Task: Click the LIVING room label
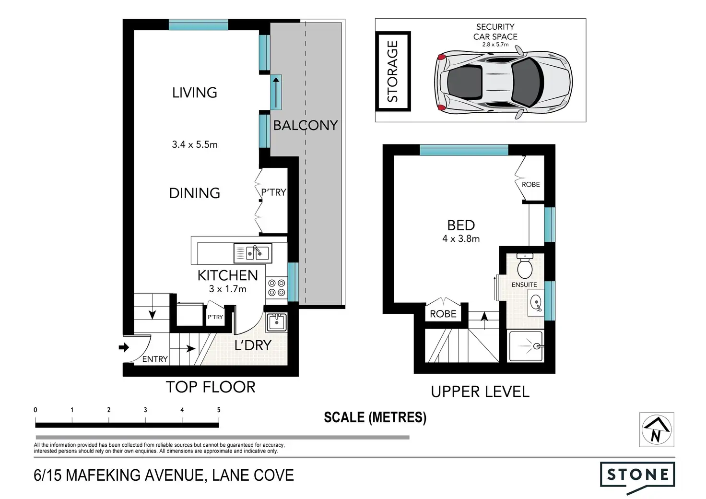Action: click(x=194, y=93)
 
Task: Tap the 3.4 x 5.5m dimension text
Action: click(x=195, y=144)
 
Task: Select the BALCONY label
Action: click(x=306, y=125)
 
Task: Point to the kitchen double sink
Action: click(x=253, y=253)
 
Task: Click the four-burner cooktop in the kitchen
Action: click(x=276, y=288)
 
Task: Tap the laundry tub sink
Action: click(x=276, y=322)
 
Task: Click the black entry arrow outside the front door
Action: click(x=124, y=347)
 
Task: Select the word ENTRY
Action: click(x=155, y=359)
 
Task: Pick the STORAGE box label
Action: click(x=392, y=71)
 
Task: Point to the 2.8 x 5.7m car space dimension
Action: click(x=495, y=45)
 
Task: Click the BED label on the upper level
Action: click(x=461, y=225)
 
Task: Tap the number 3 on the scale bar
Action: click(x=145, y=410)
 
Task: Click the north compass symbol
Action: click(x=657, y=429)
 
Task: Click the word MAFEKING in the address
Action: click(x=103, y=475)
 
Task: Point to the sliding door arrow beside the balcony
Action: click(x=276, y=93)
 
